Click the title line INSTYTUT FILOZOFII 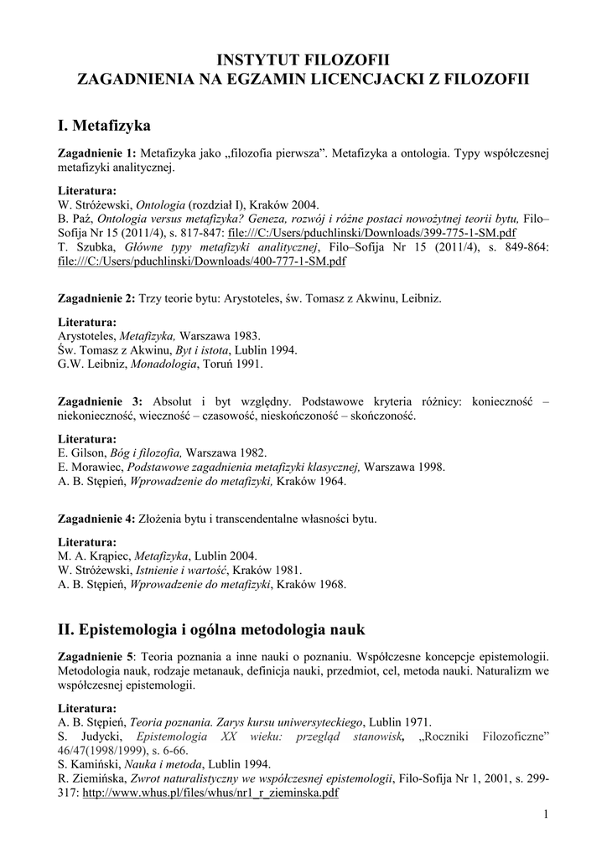tap(303, 59)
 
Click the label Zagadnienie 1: tap(96, 154)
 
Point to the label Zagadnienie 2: tap(96, 298)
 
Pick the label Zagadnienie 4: tap(96, 519)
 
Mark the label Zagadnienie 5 tap(95, 655)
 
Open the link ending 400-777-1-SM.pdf tap(201, 261)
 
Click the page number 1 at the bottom tap(545, 815)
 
